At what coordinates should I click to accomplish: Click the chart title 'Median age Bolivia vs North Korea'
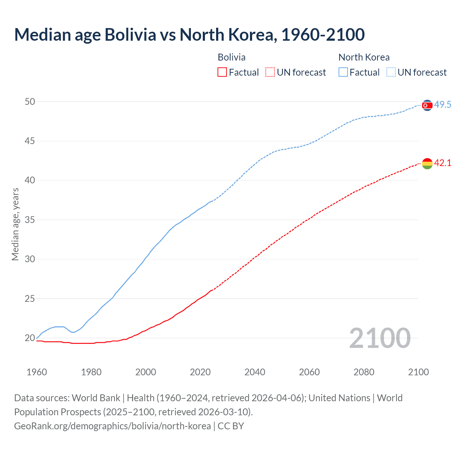tap(189, 35)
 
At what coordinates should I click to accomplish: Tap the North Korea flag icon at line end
tap(427, 105)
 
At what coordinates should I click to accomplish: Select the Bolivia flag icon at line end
tap(427, 164)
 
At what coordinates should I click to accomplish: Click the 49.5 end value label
tap(443, 105)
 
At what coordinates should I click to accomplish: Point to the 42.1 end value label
tap(443, 163)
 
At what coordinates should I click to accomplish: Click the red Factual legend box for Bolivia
tap(222, 72)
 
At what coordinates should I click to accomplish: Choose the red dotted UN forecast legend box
tap(270, 72)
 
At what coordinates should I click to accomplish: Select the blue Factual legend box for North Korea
tap(343, 72)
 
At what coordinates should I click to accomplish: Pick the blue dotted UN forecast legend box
tap(391, 72)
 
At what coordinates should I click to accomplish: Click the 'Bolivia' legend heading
tap(232, 57)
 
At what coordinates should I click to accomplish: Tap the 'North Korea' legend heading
tap(364, 57)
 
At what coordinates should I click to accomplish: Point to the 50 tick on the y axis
tap(30, 102)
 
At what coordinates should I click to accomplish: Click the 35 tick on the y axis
tap(30, 220)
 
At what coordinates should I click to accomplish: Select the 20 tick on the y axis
tap(30, 338)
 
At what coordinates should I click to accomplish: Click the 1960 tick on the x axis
tap(37, 372)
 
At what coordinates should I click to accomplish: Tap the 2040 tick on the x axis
tap(255, 372)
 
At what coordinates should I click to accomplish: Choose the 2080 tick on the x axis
tap(364, 372)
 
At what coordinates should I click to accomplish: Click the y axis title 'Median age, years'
tap(15, 224)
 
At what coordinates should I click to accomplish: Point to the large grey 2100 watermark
tap(380, 338)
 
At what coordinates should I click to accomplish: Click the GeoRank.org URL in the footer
tap(112, 426)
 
